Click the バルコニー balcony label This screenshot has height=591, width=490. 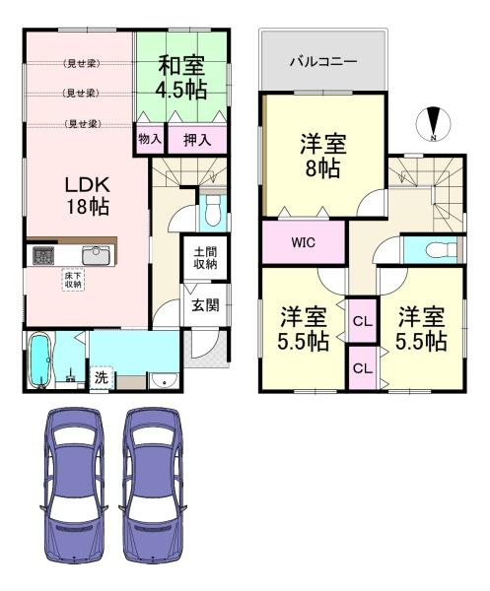point(323,61)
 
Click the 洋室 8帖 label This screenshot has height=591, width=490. point(321,157)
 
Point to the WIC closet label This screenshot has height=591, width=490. point(304,243)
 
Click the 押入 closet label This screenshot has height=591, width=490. point(196,141)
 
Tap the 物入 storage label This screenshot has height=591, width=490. point(150,141)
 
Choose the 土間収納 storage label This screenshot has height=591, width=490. point(206,258)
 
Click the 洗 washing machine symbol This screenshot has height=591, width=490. point(102,376)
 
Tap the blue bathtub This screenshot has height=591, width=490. point(40,361)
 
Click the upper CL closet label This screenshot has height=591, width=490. point(362,320)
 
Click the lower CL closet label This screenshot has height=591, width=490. point(362,368)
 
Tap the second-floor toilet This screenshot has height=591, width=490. point(438,247)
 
